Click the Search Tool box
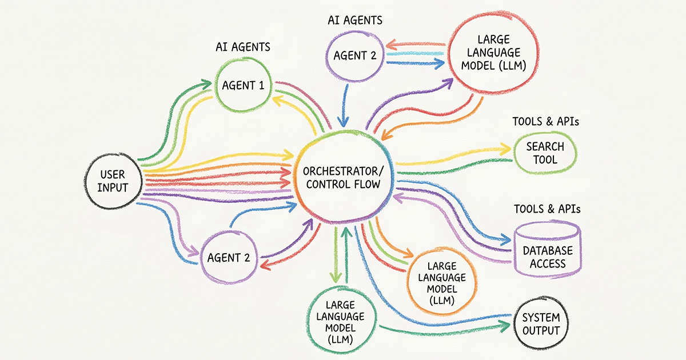click(545, 153)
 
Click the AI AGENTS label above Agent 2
click(355, 20)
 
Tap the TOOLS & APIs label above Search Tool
click(542, 122)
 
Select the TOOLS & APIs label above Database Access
click(547, 209)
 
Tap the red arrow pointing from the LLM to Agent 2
click(414, 45)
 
